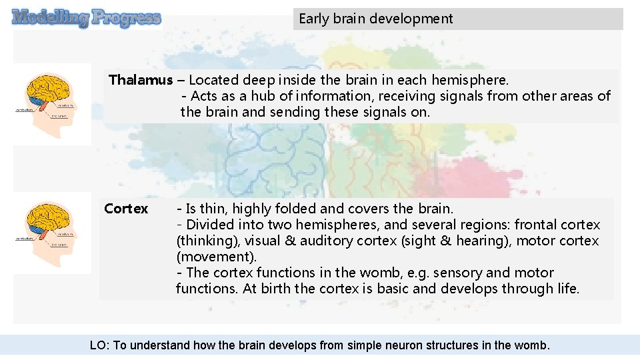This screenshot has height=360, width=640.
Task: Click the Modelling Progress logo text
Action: [87, 17]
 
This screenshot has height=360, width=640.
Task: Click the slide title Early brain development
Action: [375, 19]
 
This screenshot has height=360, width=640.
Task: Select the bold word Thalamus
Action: [140, 80]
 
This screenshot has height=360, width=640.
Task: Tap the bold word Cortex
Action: [126, 209]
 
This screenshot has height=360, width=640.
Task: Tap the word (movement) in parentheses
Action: [216, 257]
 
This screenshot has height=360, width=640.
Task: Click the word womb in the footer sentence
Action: [531, 345]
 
